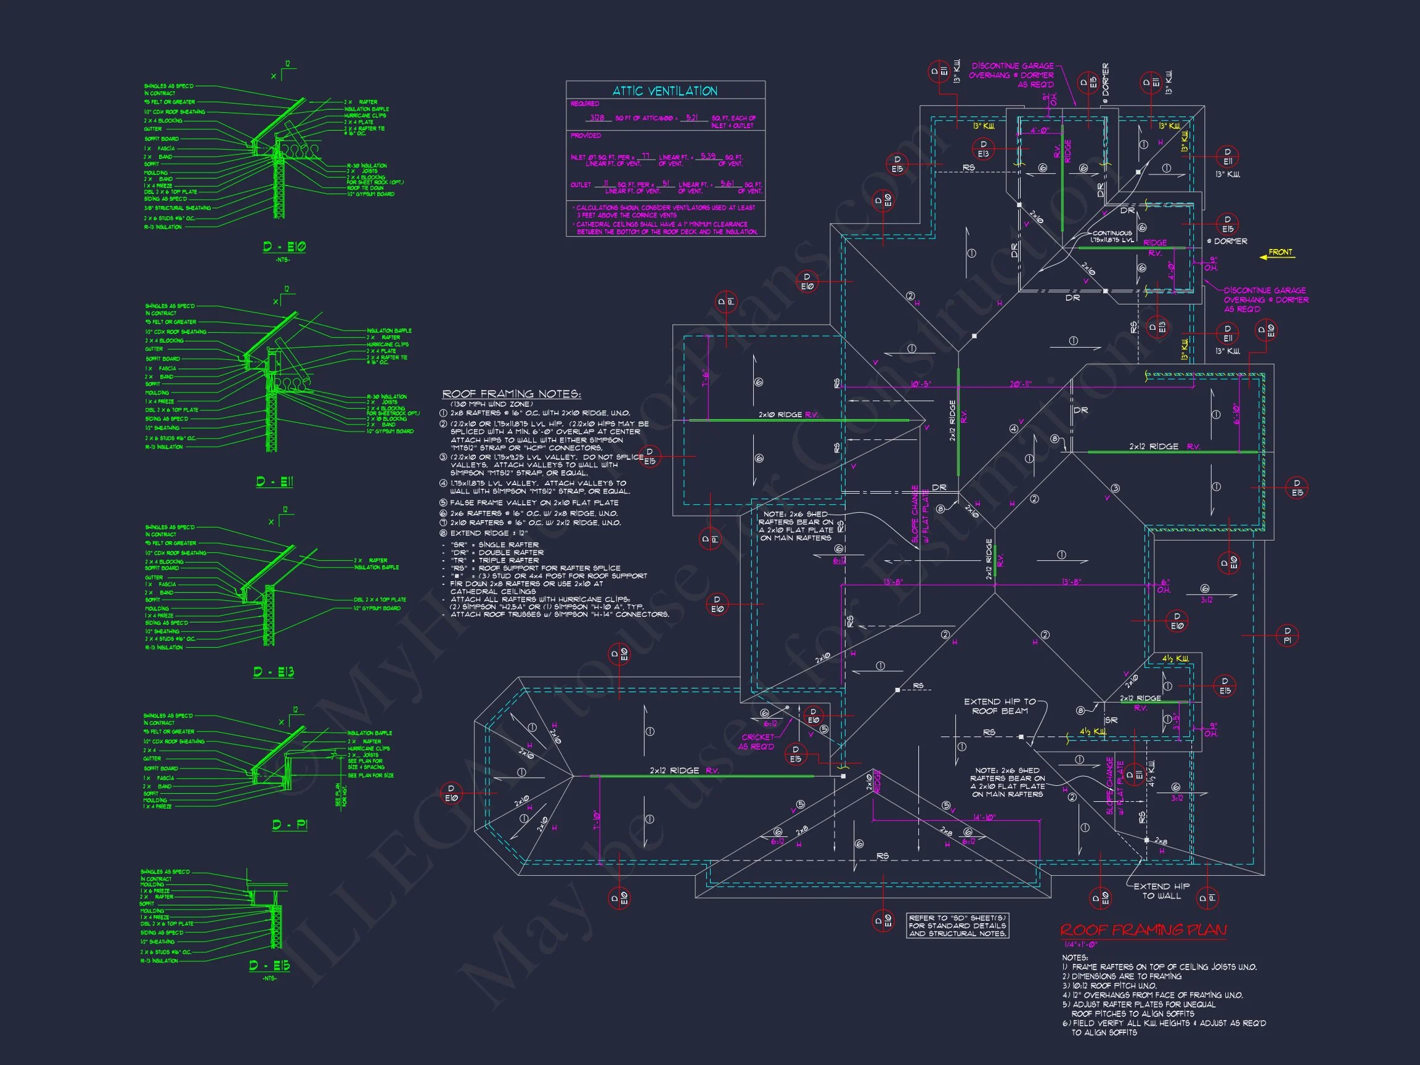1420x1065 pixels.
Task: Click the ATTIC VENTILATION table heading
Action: pyautogui.click(x=664, y=91)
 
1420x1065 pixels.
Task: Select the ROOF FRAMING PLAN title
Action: pyautogui.click(x=1143, y=930)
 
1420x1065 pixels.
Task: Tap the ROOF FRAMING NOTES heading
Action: pyautogui.click(x=511, y=394)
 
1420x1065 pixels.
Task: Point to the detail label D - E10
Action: pyautogui.click(x=284, y=247)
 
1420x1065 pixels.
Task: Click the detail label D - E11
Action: pyautogui.click(x=275, y=481)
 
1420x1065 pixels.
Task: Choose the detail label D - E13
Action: pyautogui.click(x=274, y=672)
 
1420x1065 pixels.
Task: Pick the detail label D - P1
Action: pyautogui.click(x=290, y=824)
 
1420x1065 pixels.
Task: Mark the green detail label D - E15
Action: pyautogui.click(x=269, y=966)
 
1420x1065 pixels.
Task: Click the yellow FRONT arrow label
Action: pyautogui.click(x=1280, y=252)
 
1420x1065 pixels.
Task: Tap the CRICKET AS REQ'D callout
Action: pyautogui.click(x=757, y=742)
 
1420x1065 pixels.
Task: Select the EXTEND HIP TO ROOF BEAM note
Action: pyautogui.click(x=1000, y=706)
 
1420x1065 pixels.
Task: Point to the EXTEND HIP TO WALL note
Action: pyautogui.click(x=1161, y=891)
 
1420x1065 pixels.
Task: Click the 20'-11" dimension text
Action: pyautogui.click(x=1021, y=384)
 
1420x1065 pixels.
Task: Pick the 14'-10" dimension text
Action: pyautogui.click(x=984, y=817)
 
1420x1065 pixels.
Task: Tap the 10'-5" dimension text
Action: pyautogui.click(x=921, y=384)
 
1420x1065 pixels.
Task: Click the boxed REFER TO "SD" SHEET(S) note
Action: pyautogui.click(x=957, y=926)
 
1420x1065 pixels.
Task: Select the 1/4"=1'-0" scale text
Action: pyautogui.click(x=1081, y=944)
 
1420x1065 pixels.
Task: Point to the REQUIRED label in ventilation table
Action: pyautogui.click(x=585, y=104)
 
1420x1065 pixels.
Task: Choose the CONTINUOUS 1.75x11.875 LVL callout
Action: pyautogui.click(x=1112, y=237)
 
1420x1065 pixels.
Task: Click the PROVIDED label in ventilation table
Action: pyautogui.click(x=586, y=136)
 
